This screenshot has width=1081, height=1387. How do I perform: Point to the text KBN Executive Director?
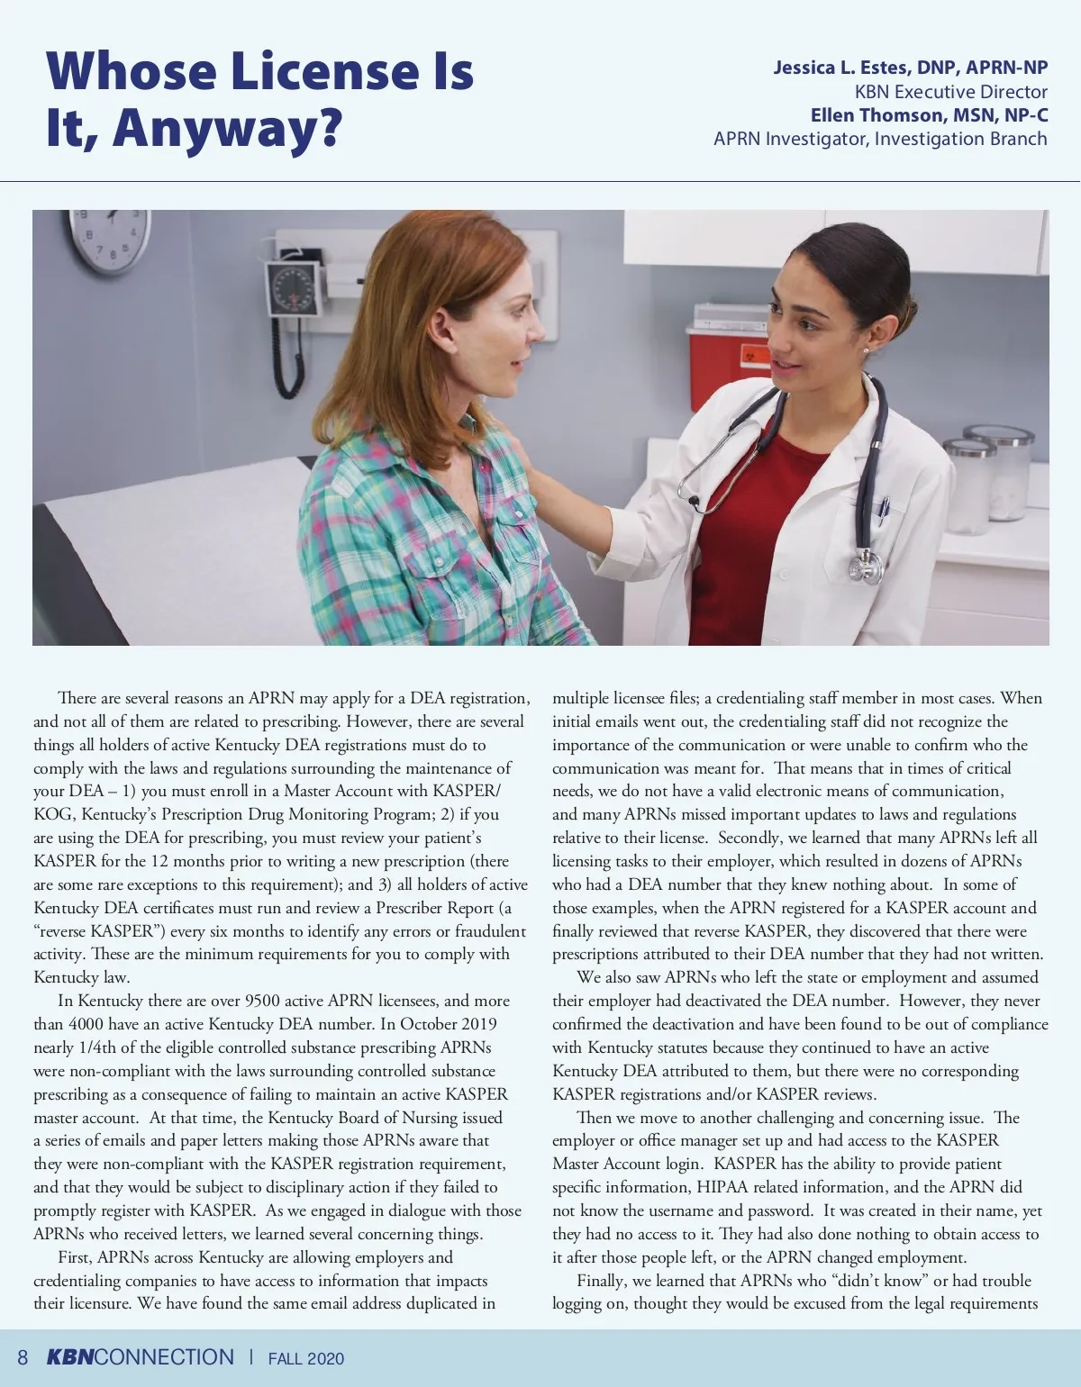click(950, 92)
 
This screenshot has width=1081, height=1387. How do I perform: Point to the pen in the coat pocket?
click(884, 510)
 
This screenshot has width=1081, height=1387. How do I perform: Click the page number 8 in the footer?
click(23, 1358)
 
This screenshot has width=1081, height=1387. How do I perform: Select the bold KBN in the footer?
click(69, 1358)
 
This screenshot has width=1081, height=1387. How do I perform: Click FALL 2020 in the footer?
click(306, 1359)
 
